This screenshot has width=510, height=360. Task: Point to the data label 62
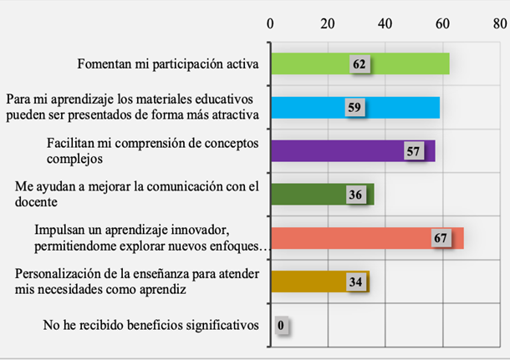click(x=360, y=64)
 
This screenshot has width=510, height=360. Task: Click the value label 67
click(x=442, y=238)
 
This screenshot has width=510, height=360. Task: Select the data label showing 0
click(x=281, y=326)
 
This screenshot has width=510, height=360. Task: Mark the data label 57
click(x=412, y=151)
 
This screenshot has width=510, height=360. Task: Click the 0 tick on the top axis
click(x=270, y=23)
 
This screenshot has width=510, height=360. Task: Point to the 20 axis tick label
click(x=328, y=23)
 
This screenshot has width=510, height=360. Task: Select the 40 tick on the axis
click(x=385, y=23)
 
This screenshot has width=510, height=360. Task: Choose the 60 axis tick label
click(x=443, y=23)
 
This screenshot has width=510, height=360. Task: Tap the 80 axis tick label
click(x=500, y=23)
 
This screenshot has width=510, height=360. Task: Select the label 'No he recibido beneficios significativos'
click(x=150, y=325)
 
